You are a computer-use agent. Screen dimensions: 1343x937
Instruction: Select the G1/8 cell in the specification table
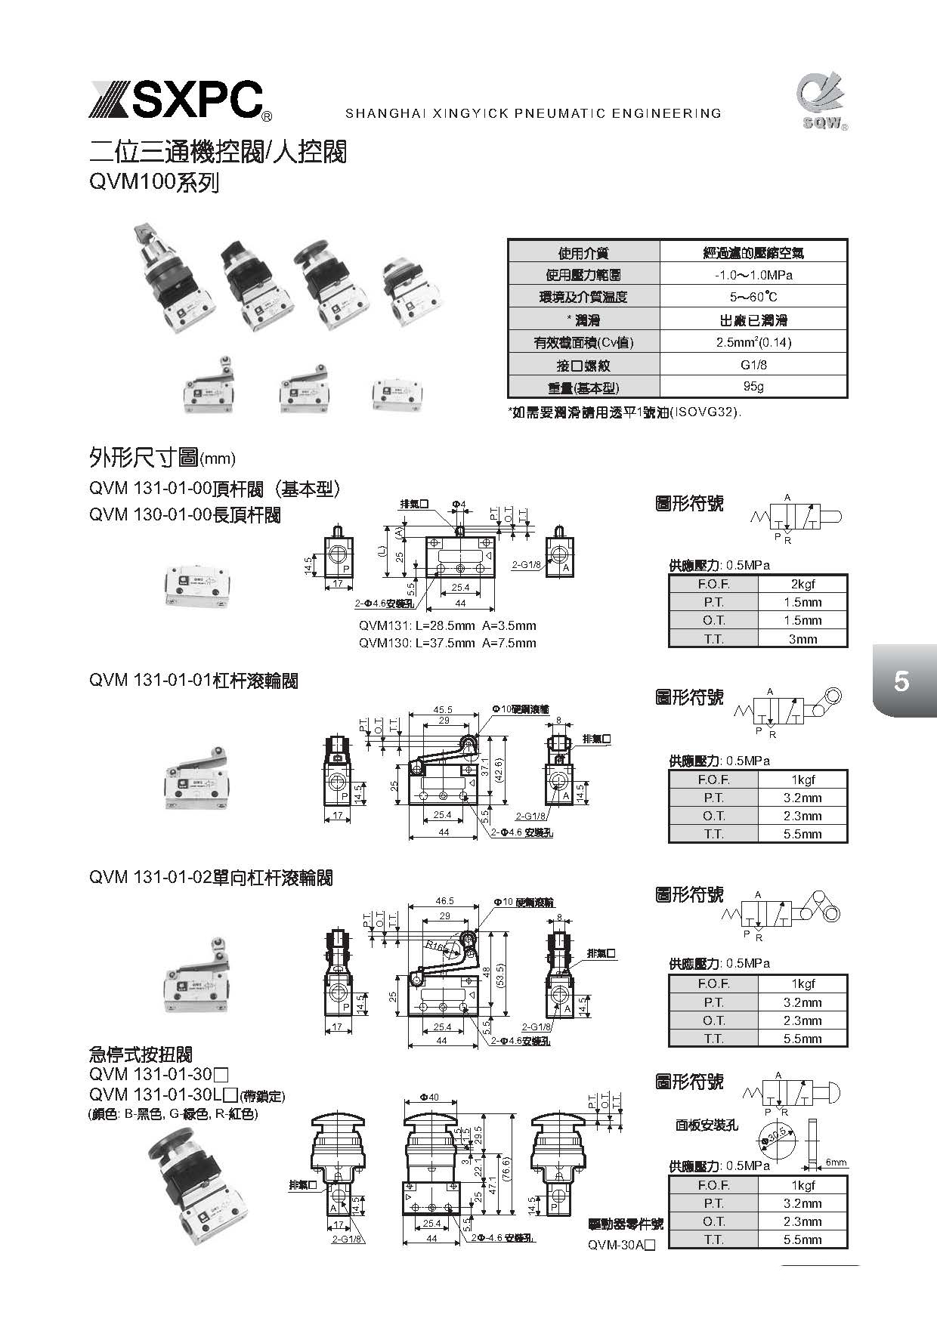pyautogui.click(x=753, y=365)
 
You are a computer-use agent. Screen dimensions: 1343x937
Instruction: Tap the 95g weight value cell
pyautogui.click(x=753, y=387)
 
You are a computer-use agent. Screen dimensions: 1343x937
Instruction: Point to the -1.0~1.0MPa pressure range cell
pyautogui.click(x=753, y=275)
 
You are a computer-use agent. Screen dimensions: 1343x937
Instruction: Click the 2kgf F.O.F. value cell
pyautogui.click(x=802, y=584)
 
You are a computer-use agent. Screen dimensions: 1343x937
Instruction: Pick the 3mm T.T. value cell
pyautogui.click(x=802, y=639)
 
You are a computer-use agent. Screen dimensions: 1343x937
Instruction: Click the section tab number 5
pyautogui.click(x=901, y=682)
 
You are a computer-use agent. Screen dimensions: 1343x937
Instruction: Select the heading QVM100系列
pyautogui.click(x=154, y=182)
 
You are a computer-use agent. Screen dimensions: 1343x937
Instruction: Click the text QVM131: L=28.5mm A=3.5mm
pyautogui.click(x=447, y=625)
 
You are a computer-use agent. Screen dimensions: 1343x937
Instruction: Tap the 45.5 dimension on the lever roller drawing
pyautogui.click(x=443, y=709)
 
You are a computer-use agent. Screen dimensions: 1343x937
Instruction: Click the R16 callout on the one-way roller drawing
pyautogui.click(x=434, y=945)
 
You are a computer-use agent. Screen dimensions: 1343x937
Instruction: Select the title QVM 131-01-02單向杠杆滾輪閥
pyautogui.click(x=211, y=878)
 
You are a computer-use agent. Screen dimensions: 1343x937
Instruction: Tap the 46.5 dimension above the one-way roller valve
pyautogui.click(x=444, y=901)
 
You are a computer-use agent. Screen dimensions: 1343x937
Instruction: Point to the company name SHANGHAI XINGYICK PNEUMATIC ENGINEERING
pyautogui.click(x=533, y=114)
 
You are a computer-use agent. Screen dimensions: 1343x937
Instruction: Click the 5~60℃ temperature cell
pyautogui.click(x=753, y=297)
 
